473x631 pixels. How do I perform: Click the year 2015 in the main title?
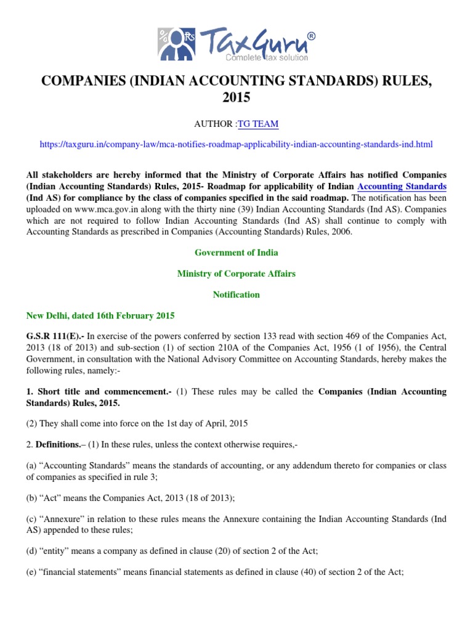[236, 98]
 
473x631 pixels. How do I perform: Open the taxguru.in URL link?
[236, 144]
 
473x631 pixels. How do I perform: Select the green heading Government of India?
[236, 253]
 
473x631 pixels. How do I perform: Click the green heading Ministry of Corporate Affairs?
[236, 274]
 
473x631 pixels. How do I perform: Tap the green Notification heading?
[236, 295]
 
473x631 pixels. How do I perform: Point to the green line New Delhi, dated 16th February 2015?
[100, 315]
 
